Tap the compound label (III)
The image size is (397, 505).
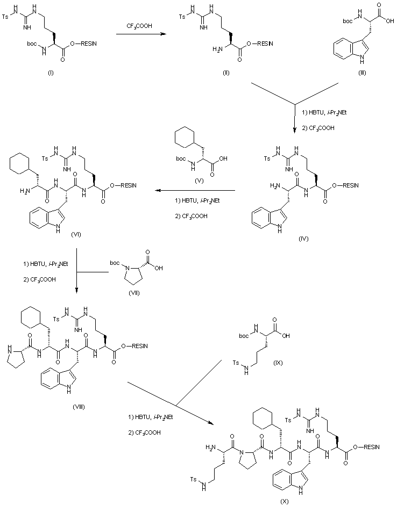(x=362, y=73)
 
